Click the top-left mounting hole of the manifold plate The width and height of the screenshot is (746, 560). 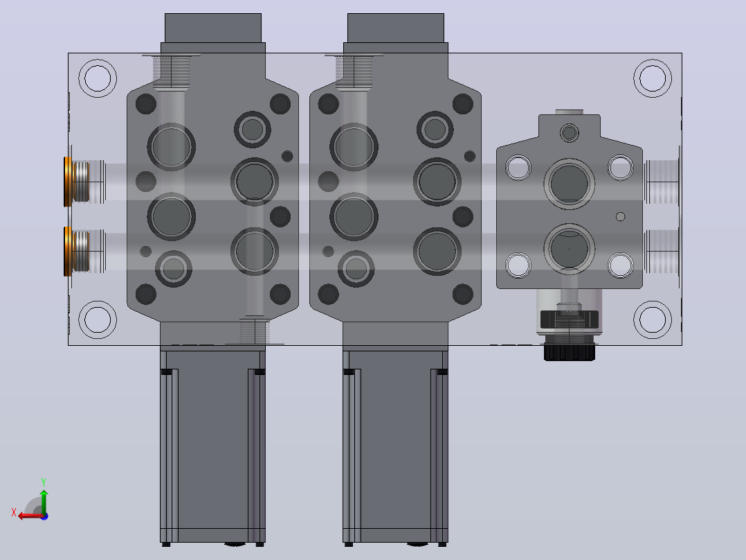[98, 78]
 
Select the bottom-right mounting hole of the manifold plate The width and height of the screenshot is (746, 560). [653, 320]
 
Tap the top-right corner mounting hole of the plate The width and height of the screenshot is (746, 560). [653, 78]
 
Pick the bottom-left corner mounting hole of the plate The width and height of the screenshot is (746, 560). [98, 320]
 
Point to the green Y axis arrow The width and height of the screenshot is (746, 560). [44, 501]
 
